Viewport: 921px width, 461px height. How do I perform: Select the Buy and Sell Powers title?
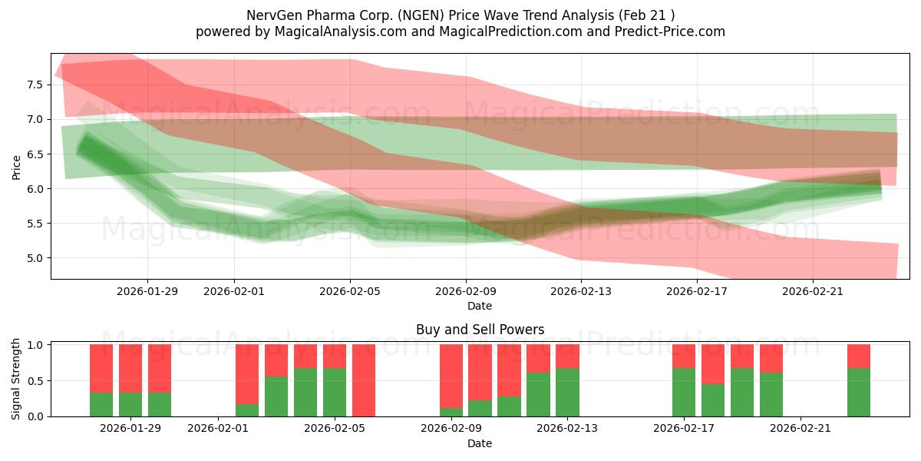[480, 330]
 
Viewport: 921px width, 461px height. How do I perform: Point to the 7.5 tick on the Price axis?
[35, 85]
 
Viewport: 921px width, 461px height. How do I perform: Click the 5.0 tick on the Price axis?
[35, 258]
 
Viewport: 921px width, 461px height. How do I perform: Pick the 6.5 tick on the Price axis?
[35, 154]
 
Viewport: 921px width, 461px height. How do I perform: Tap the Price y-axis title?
[16, 166]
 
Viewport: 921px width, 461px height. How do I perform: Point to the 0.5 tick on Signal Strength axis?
[35, 381]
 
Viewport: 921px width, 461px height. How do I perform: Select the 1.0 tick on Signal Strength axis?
[35, 345]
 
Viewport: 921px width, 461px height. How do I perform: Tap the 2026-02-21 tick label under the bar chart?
[801, 428]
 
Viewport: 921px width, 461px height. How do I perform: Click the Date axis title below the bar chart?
[480, 443]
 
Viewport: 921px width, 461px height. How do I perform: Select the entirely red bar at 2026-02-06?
[364, 380]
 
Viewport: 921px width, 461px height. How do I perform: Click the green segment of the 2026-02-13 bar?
[567, 393]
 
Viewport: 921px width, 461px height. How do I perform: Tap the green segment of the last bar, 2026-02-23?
[859, 393]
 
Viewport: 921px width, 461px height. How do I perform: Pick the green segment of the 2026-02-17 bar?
[684, 393]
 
